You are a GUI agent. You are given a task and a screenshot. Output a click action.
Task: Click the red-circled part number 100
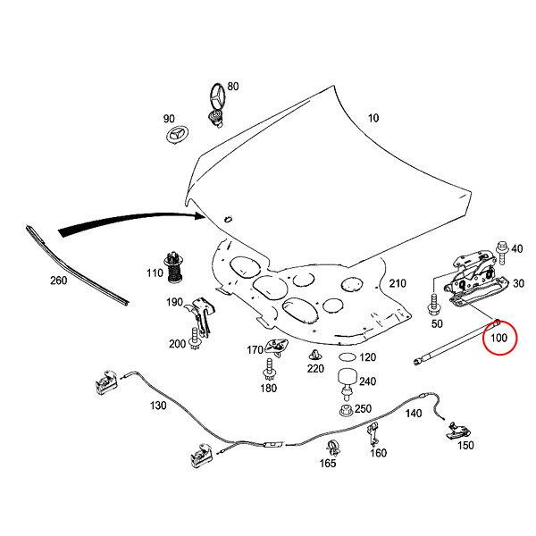tap(498, 338)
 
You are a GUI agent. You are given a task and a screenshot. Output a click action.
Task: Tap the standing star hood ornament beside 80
tap(217, 105)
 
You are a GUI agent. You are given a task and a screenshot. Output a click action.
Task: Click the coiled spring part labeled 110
tap(174, 267)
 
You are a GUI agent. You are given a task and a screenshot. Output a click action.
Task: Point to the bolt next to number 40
tap(502, 252)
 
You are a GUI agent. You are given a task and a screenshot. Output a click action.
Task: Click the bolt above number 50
tap(433, 305)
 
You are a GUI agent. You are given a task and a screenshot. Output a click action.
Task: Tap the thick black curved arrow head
tap(199, 215)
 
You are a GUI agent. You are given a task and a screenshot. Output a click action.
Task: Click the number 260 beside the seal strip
tap(58, 281)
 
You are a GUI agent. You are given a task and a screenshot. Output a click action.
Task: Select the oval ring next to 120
tap(347, 356)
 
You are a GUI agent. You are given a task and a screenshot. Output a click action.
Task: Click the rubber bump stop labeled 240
tap(348, 383)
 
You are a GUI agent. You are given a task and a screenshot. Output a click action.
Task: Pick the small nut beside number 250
tap(346, 410)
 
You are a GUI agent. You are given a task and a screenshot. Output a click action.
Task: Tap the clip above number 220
tap(315, 356)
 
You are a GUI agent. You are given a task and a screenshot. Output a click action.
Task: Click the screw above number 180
tap(269, 370)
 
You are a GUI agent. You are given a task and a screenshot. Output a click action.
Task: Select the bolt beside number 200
tap(195, 338)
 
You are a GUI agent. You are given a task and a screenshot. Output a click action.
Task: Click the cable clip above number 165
tap(333, 448)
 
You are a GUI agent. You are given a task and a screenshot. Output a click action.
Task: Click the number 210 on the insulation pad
tap(398, 283)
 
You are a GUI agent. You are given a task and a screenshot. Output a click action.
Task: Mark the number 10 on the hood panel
tap(373, 118)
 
